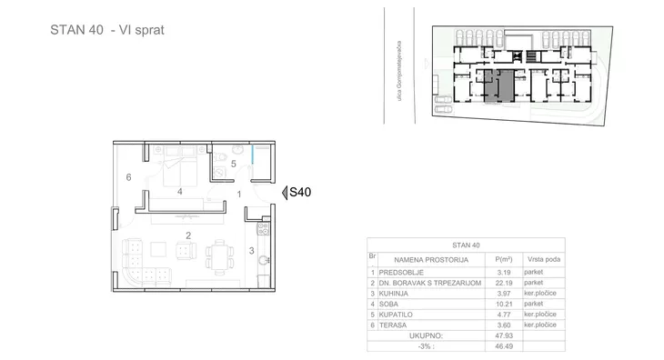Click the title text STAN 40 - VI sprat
pos(107,30)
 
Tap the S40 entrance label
pos(300,193)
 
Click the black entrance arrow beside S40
pos(285,193)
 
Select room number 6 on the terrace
pos(129,177)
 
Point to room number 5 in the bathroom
pos(234,164)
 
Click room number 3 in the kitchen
pos(252,251)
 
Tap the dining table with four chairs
pos(220,257)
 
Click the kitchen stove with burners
pos(263,229)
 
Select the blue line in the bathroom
pos(253,155)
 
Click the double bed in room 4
pos(180,166)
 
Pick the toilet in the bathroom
pos(220,157)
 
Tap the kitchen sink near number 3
pos(264,260)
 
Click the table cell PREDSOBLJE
pos(401,273)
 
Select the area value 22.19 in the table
pos(504,283)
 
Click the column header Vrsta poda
pos(544,259)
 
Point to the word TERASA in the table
pos(393,325)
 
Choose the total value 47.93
pos(504,335)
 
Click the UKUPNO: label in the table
pos(426,335)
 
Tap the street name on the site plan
pos(399,71)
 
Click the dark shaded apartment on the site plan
pos(498,85)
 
